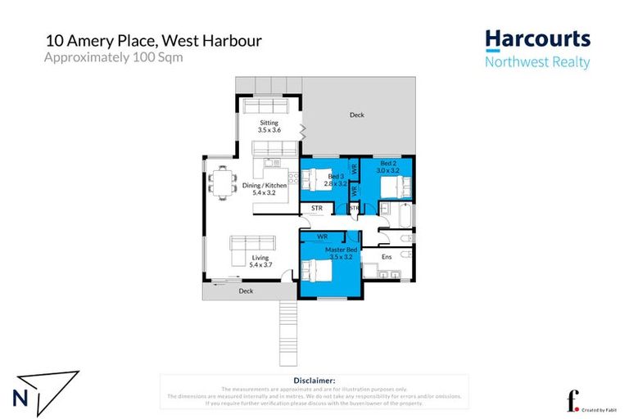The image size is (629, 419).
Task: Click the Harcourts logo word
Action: (x=536, y=39)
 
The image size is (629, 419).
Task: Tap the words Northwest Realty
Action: (x=536, y=63)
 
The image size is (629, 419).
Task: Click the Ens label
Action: (x=387, y=257)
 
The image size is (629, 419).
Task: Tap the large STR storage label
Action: (x=317, y=209)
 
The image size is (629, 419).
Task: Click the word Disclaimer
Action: (x=314, y=381)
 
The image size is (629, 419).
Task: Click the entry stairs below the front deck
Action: (x=287, y=331)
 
